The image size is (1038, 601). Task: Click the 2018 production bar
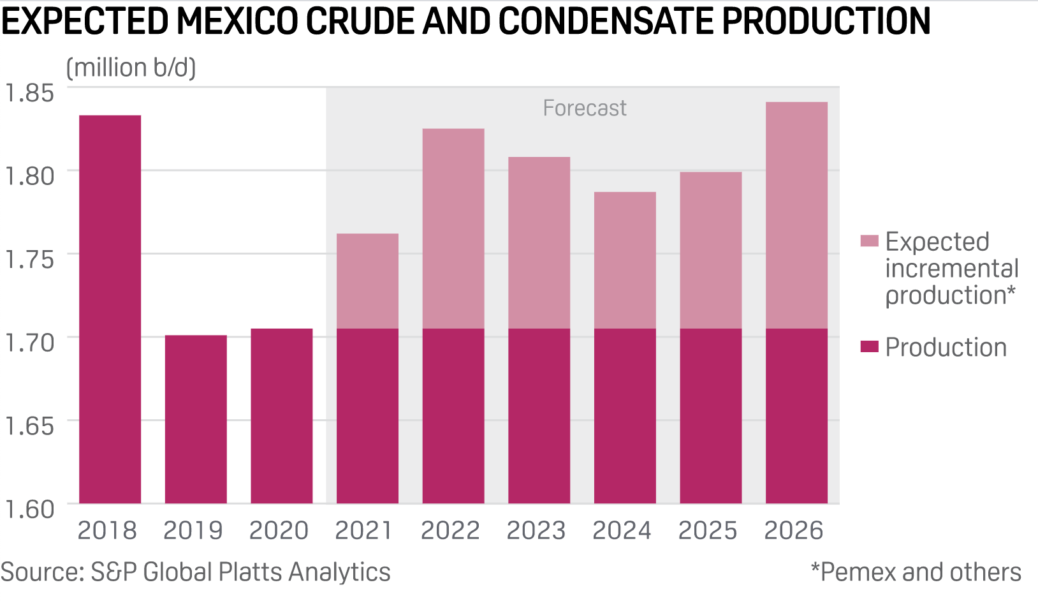(x=110, y=309)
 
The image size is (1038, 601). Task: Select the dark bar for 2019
(x=196, y=419)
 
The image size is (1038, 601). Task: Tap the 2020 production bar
(x=282, y=416)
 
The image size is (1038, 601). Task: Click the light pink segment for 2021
(x=367, y=281)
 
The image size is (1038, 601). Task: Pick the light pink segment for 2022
(x=453, y=229)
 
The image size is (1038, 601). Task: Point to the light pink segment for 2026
(x=796, y=216)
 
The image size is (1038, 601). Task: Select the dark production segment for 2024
(x=625, y=416)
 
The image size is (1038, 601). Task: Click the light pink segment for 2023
(x=539, y=243)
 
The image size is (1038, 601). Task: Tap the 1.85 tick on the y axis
(x=30, y=93)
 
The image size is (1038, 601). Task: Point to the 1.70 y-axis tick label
(x=30, y=343)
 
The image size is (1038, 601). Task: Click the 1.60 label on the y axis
(x=30, y=509)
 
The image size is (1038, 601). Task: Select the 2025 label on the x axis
(x=708, y=531)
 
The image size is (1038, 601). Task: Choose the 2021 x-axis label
(x=365, y=531)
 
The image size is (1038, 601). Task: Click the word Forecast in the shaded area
(x=585, y=108)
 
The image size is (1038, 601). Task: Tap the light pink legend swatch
(x=869, y=241)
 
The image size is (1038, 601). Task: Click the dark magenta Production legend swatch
(x=869, y=347)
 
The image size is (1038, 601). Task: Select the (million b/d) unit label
(x=131, y=68)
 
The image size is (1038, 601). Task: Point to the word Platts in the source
(x=248, y=572)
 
